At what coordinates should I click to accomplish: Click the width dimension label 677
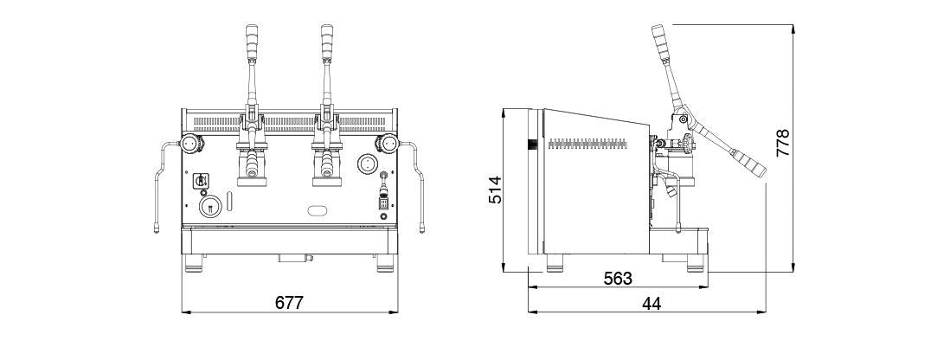pos(288,302)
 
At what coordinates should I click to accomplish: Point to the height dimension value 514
pos(495,190)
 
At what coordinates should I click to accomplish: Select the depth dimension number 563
pos(618,278)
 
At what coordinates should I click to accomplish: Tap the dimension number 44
pos(652,304)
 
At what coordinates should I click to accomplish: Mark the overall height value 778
pos(783,143)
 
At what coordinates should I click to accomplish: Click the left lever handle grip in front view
pos(252,42)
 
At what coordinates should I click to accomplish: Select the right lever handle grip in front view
pos(327,42)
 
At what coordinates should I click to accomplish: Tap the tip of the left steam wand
pos(156,229)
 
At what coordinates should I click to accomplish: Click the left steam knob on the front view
pos(189,144)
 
